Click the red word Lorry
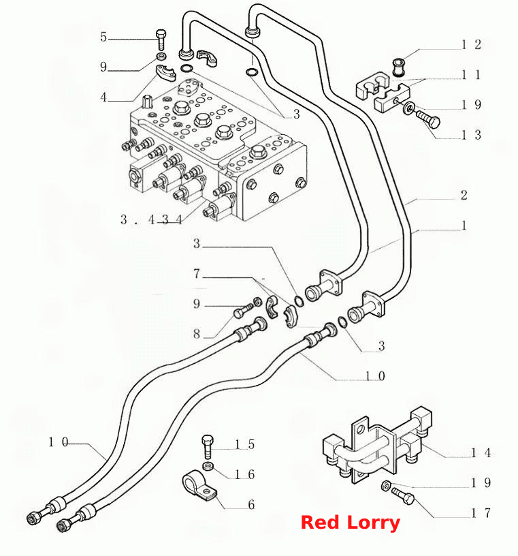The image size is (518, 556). (374, 523)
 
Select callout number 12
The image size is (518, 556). (471, 45)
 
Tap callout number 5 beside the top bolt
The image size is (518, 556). (103, 37)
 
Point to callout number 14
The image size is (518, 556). (481, 452)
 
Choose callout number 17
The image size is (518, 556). (481, 513)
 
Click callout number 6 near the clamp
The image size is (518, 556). (251, 504)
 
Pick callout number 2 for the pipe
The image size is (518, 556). (464, 195)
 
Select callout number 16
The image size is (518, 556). (245, 474)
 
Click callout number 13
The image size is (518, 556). (471, 135)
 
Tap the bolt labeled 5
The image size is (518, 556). (161, 40)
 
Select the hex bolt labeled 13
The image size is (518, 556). (428, 119)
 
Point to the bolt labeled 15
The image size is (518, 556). (208, 446)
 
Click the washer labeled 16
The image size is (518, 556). (208, 466)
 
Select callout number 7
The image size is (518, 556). (197, 273)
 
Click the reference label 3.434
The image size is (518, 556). (151, 219)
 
